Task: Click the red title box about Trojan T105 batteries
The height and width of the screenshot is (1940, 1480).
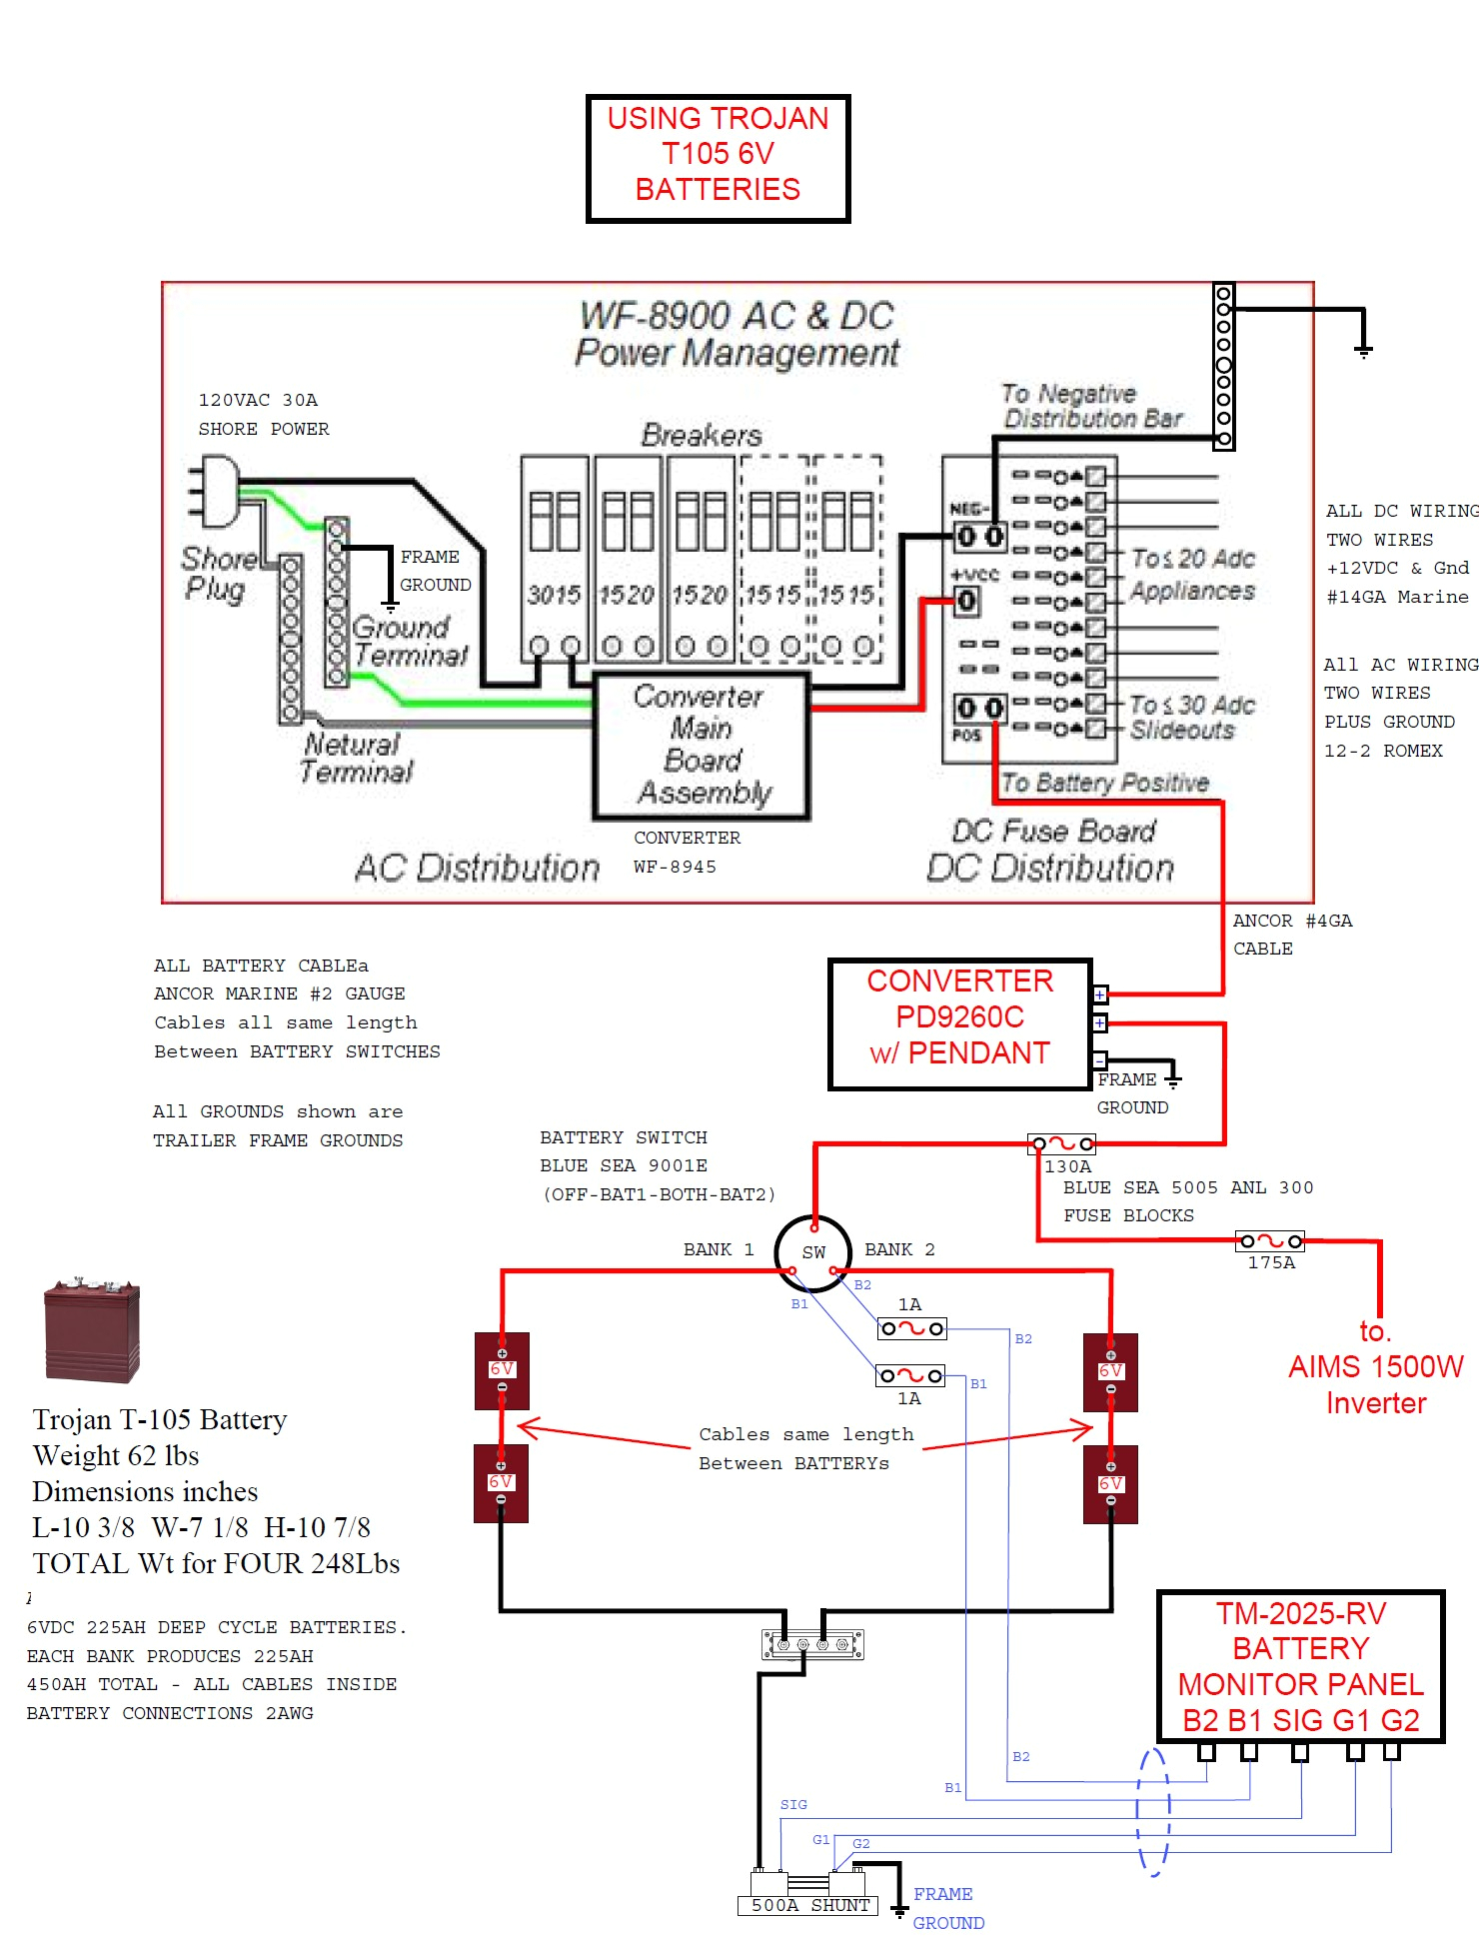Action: (718, 158)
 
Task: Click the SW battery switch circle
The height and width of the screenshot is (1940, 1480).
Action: (812, 1250)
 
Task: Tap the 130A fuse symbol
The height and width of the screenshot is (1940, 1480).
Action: (1062, 1143)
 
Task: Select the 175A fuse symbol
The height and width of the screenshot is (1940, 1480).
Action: (1270, 1241)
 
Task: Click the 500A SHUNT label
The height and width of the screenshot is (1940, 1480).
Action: (809, 1905)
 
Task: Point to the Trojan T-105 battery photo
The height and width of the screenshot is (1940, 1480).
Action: (91, 1330)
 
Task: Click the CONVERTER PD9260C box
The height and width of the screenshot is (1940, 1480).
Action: (959, 1023)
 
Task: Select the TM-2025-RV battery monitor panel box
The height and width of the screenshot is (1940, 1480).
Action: (1300, 1666)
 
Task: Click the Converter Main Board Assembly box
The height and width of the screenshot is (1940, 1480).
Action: (702, 746)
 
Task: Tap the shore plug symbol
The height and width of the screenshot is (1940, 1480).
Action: (217, 490)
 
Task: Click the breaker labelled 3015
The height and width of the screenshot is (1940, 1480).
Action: (555, 560)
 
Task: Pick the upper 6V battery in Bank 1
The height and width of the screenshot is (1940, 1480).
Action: (502, 1370)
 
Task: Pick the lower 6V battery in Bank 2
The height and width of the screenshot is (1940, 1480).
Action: (1110, 1483)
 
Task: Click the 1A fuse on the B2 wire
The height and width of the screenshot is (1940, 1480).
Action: (910, 1328)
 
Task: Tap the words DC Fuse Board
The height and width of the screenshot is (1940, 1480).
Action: (1053, 831)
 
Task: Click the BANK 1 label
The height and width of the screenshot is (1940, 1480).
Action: (718, 1249)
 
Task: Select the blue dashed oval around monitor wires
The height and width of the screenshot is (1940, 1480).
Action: (1153, 1811)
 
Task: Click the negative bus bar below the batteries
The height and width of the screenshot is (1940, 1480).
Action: (812, 1644)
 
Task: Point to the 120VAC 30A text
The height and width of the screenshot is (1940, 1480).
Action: (258, 400)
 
